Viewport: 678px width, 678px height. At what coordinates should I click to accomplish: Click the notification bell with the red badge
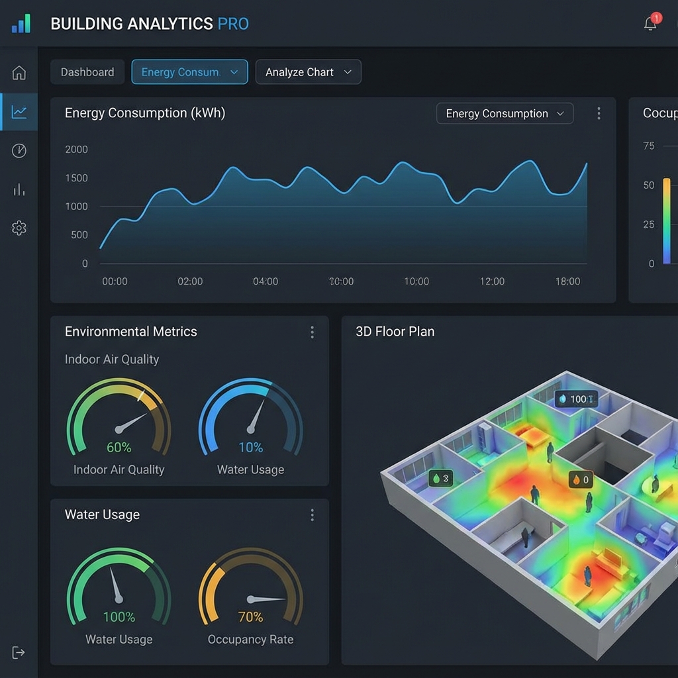651,23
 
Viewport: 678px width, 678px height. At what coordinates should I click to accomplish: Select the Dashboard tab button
87,72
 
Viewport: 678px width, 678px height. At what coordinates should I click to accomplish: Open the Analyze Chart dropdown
308,72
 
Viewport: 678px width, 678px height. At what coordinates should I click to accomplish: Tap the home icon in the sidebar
19,73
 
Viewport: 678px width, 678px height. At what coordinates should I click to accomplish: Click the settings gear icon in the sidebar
19,228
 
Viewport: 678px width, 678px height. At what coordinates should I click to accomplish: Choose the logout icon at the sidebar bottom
19,652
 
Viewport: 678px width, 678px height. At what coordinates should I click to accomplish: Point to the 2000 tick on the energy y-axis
76,150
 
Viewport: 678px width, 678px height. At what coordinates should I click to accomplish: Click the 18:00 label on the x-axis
567,281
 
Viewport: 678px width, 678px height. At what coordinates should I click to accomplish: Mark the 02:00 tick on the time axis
190,281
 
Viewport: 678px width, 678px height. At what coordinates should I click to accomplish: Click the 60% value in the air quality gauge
119,448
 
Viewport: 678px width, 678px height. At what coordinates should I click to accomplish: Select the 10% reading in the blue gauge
250,448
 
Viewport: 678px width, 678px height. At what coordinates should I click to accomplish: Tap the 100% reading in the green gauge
119,617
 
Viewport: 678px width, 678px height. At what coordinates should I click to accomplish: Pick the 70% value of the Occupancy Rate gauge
250,617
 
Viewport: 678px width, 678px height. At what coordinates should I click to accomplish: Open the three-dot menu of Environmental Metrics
312,332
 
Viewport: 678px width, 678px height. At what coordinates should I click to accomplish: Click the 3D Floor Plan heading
395,332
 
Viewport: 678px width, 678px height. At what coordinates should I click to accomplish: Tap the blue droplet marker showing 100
575,399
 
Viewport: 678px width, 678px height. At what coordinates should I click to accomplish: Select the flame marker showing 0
580,479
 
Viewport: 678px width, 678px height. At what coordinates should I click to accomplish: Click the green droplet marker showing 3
440,477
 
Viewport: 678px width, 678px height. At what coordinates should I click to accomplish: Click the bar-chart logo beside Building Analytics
21,24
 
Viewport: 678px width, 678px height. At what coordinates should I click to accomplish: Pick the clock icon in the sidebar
19,151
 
